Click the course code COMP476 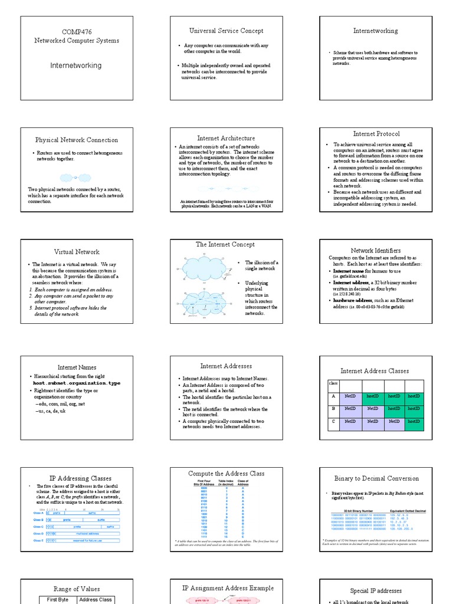(x=77, y=32)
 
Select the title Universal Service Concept (x=226, y=31)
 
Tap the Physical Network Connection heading (x=77, y=140)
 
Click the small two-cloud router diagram (x=77, y=178)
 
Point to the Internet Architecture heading (x=226, y=138)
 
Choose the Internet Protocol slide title (x=376, y=134)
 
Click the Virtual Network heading (x=77, y=252)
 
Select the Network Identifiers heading (x=376, y=251)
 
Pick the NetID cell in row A (x=350, y=396)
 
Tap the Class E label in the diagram (x=38, y=540)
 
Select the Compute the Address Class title (x=226, y=474)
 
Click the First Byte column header (x=58, y=600)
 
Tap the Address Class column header (x=96, y=600)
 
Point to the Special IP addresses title (x=376, y=591)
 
